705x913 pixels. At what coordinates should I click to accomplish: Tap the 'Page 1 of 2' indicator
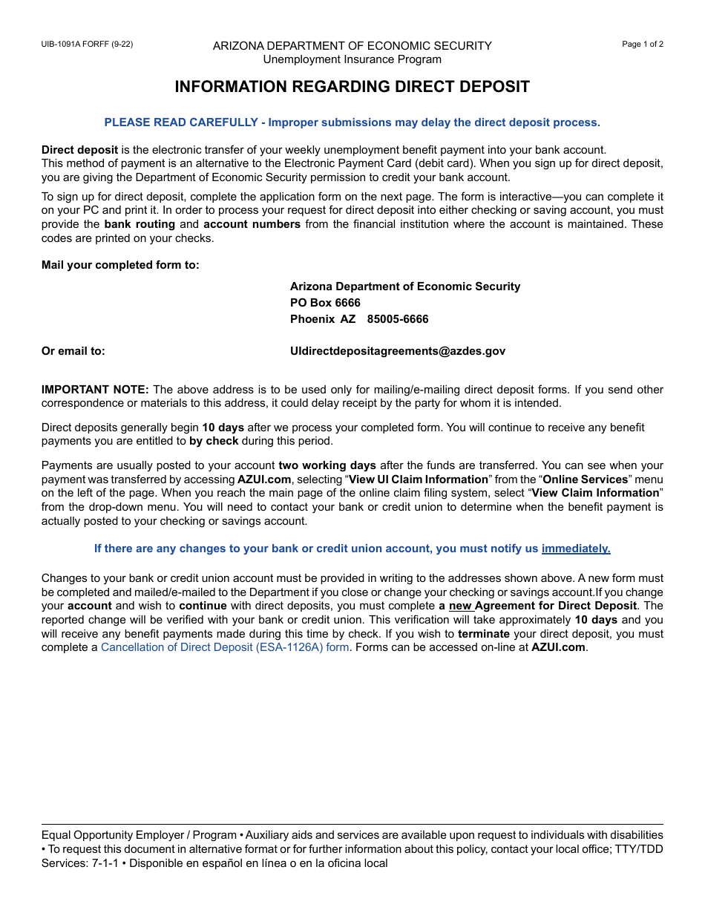[x=642, y=44]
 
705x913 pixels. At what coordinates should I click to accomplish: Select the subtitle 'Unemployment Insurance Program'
[x=352, y=59]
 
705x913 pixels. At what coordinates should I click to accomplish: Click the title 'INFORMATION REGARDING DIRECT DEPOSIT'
[x=352, y=87]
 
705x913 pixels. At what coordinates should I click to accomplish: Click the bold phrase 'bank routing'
[x=140, y=224]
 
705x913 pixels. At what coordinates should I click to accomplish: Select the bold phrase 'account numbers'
[x=252, y=224]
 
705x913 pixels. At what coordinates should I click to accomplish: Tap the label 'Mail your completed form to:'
[x=120, y=265]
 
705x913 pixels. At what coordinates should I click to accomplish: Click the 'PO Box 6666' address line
[x=325, y=303]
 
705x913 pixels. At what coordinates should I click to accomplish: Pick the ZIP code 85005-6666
[x=398, y=319]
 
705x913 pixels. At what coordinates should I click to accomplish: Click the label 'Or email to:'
[x=73, y=351]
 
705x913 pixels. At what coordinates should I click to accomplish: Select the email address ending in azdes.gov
[x=398, y=351]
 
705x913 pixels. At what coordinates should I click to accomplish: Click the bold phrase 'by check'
[x=214, y=441]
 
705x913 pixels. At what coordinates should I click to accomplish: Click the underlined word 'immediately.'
[x=576, y=549]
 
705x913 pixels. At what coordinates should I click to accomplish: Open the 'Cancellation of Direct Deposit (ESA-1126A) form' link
[x=225, y=647]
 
